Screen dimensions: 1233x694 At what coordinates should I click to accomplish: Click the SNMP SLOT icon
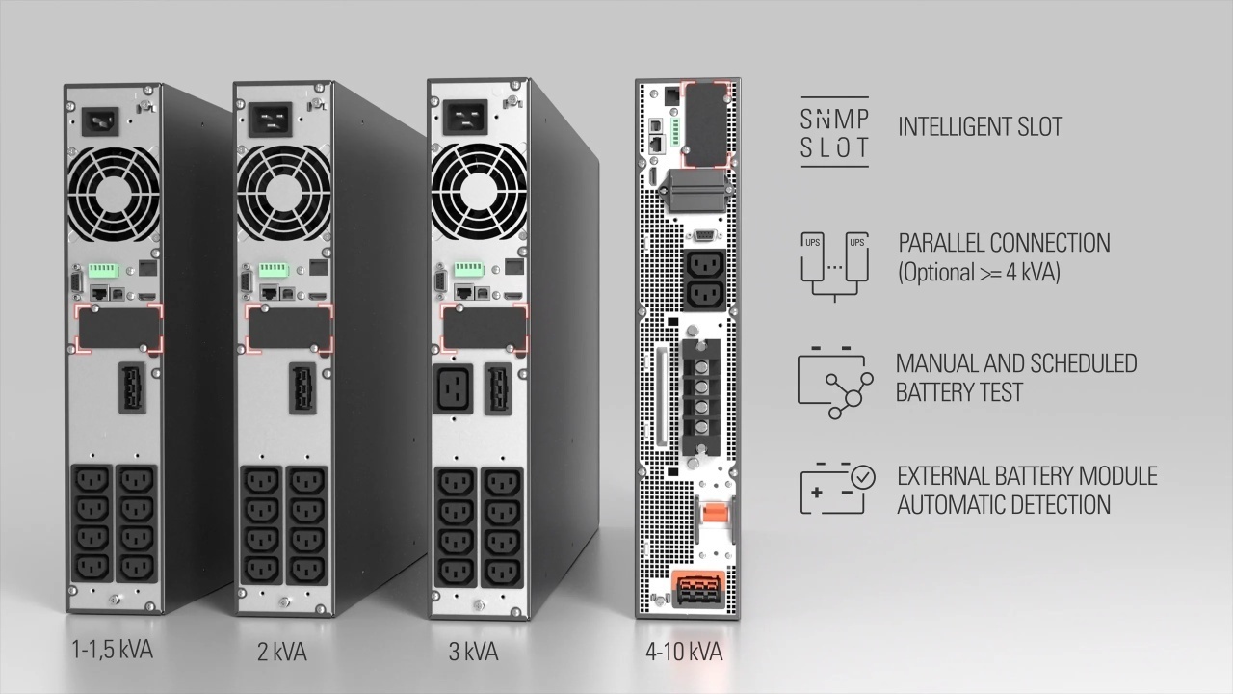(x=834, y=132)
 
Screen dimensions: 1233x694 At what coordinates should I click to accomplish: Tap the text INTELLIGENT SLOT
(x=981, y=126)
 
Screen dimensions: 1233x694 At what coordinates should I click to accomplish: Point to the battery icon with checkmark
(x=837, y=489)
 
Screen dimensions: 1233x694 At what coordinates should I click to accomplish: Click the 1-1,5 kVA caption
(x=113, y=650)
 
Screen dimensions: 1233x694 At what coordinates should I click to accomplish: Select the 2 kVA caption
(x=282, y=652)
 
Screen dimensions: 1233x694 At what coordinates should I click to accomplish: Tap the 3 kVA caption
(x=473, y=652)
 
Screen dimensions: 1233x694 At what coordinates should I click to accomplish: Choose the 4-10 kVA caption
(x=684, y=652)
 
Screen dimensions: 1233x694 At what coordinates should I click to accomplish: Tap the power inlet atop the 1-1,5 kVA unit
(x=100, y=121)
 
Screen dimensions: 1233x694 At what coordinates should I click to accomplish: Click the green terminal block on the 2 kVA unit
(x=275, y=270)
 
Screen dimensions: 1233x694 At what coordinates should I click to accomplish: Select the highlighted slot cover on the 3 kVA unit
(x=485, y=328)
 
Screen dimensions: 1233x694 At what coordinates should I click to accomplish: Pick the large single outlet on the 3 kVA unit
(x=453, y=388)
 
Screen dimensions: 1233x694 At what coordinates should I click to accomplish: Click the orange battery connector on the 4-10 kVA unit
(x=696, y=589)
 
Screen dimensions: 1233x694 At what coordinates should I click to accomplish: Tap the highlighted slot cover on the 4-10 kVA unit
(x=707, y=124)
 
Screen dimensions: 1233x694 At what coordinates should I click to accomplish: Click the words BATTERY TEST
(x=958, y=392)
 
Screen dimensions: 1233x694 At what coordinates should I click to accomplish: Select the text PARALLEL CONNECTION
(x=1004, y=243)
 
